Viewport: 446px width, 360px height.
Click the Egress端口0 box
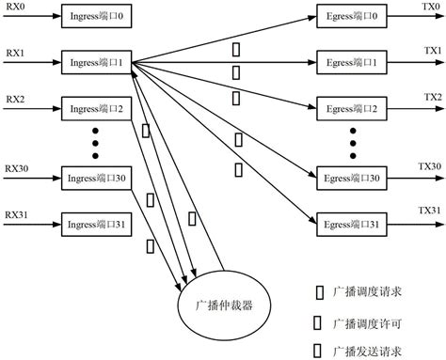pyautogui.click(x=352, y=18)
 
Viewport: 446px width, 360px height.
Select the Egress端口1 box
pyautogui.click(x=352, y=63)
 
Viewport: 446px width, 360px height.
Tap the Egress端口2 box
pyautogui.click(x=352, y=108)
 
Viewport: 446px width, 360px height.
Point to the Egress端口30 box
pyautogui.click(x=352, y=177)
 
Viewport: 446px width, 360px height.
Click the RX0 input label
pyautogui.click(x=16, y=7)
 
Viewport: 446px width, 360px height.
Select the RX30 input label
pyautogui.click(x=18, y=166)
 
